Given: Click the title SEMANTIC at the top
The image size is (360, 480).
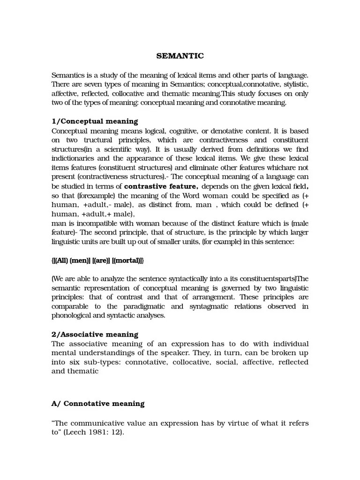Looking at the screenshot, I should click(x=180, y=56).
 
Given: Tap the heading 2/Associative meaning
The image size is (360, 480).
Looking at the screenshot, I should click(x=95, y=334).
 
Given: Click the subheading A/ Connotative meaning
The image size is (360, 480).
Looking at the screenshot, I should click(x=98, y=403).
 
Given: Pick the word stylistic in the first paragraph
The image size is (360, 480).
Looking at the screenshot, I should click(x=293, y=84).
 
